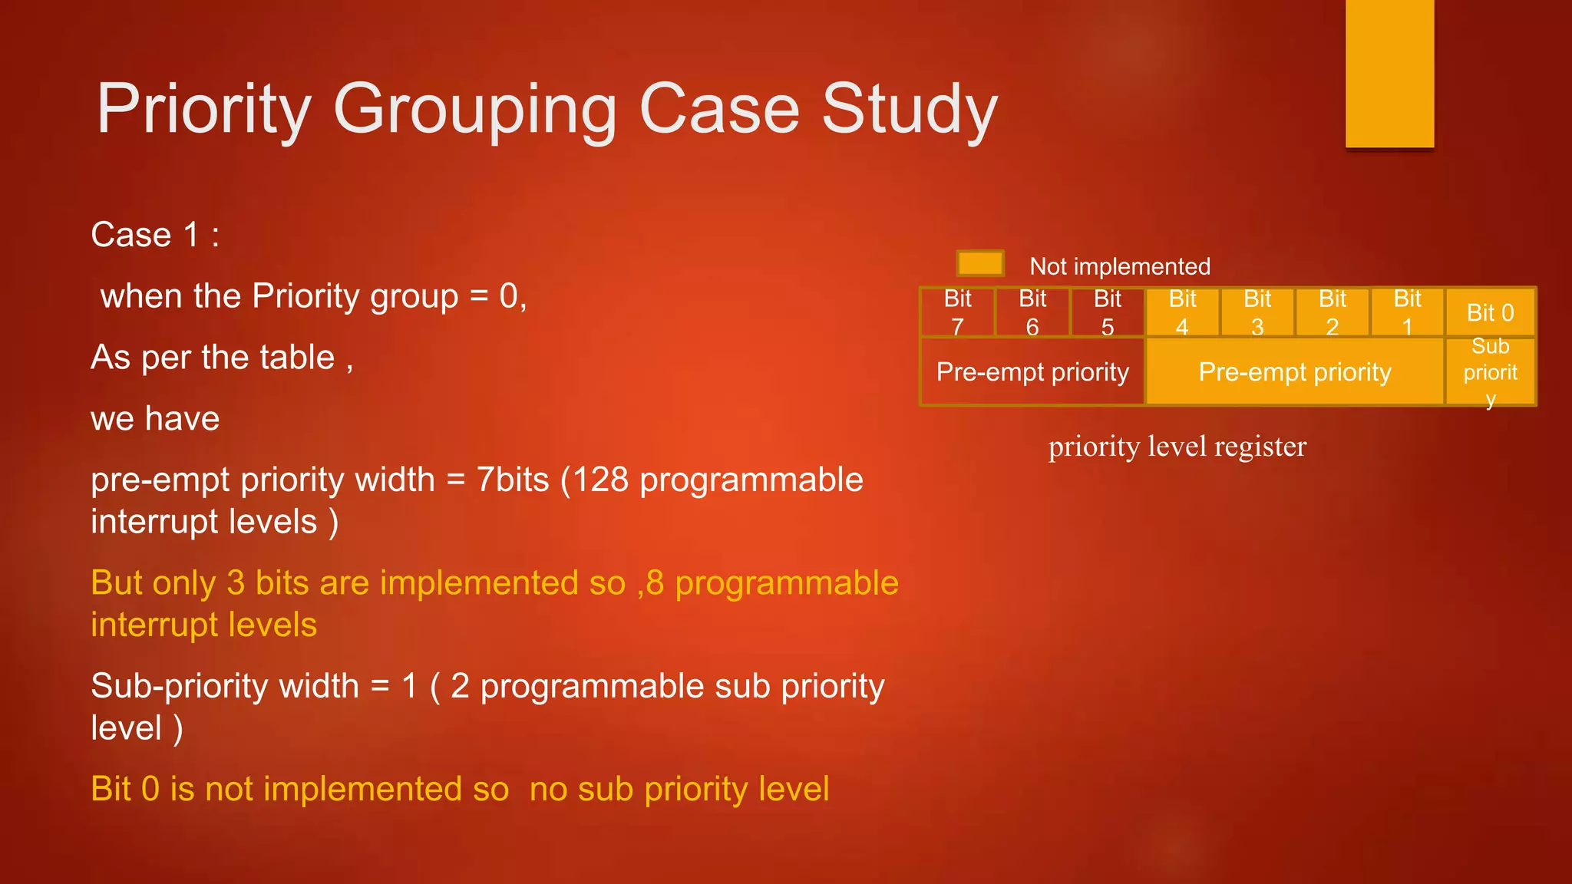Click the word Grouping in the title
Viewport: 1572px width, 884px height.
474,110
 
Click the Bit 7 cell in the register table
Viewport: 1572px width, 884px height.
957,312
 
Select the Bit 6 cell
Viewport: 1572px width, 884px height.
1032,312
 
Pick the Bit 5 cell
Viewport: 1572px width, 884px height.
1108,312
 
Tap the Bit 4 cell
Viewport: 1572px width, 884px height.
1182,312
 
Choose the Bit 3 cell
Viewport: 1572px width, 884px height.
1257,312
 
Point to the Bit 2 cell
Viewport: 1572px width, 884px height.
1333,312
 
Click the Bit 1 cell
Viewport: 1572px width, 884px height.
1407,312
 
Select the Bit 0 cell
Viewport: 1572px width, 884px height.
1490,312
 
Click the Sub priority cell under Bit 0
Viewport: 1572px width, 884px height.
1490,372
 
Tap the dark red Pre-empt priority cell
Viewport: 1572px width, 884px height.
1032,372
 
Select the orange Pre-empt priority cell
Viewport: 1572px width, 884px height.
1295,372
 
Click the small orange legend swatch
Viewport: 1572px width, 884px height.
980,263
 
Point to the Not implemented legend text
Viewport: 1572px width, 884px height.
1120,266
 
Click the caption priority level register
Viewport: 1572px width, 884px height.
1177,447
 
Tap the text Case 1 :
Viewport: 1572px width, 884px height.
155,235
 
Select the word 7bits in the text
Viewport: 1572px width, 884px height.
512,480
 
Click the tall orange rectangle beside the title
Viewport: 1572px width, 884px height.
1389,73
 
